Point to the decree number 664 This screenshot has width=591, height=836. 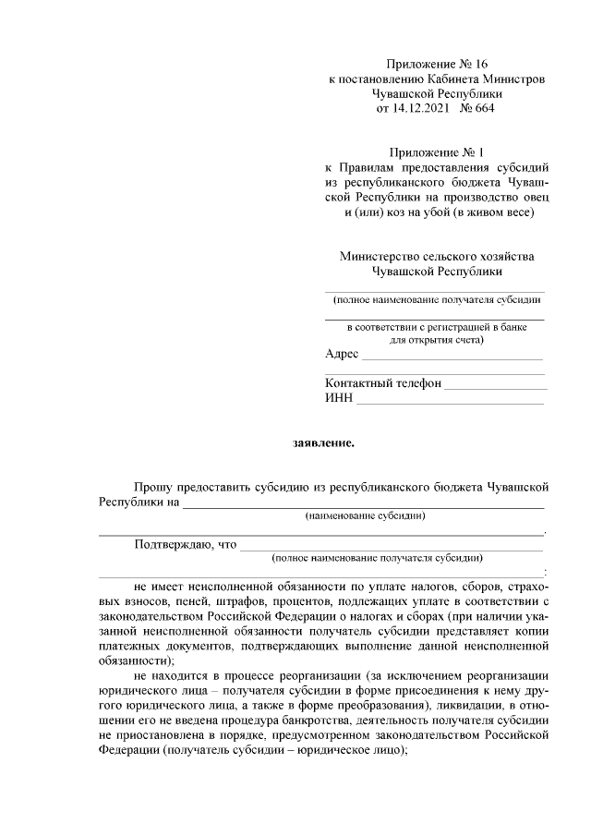(483, 109)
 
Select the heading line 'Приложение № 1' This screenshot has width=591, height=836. (436, 151)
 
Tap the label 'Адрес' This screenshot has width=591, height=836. (342, 355)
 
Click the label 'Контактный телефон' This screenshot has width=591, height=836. (382, 383)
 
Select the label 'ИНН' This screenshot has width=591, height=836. (338, 398)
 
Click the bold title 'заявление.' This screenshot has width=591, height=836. (323, 442)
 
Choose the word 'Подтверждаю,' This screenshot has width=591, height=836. (174, 544)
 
